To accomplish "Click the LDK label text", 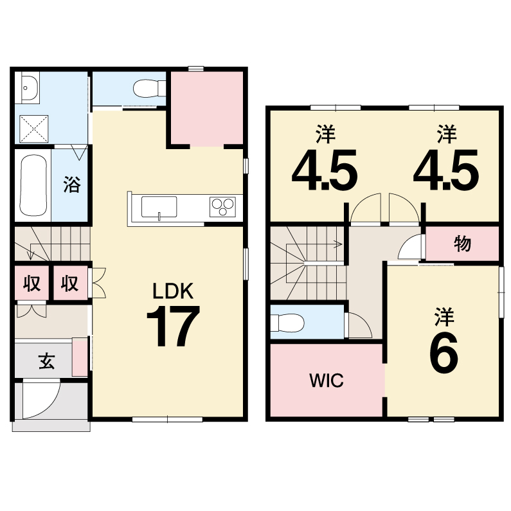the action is point(173,291).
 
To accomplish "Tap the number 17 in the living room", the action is point(173,327).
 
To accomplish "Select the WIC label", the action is point(327,381).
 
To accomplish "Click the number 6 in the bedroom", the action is point(444,354).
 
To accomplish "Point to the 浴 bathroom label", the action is point(71,184).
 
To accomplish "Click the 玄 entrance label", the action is point(47,361).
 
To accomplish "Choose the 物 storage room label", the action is point(462,244).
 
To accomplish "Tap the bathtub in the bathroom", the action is point(33,185).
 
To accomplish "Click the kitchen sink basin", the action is point(159,207).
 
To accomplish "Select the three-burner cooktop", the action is point(222,206).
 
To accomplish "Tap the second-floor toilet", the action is point(287,323).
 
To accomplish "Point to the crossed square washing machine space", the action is point(34,129).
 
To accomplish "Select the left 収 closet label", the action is point(32,283).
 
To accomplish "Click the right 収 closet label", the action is point(70,283).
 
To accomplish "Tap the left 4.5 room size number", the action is point(325,170).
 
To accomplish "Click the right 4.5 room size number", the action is point(446,170).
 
